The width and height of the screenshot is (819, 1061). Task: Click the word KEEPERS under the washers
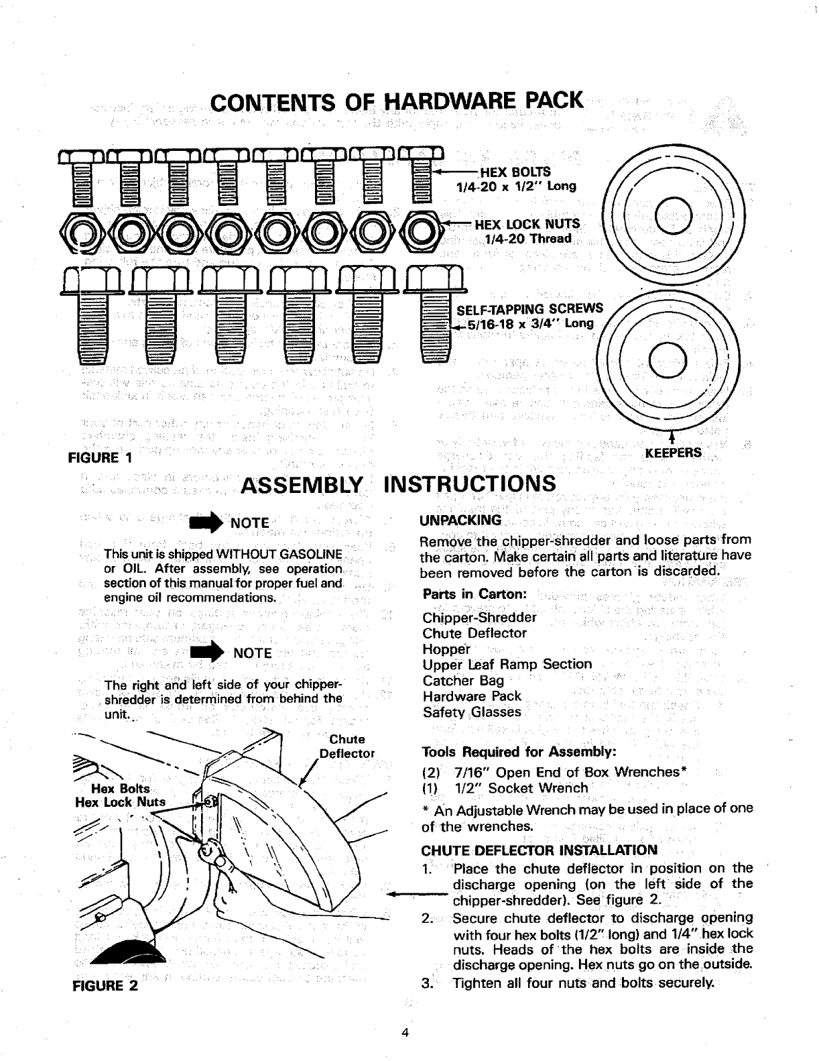[x=672, y=453]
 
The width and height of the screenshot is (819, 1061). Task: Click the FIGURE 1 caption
[x=100, y=458]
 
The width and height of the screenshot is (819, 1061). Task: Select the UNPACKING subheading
[x=460, y=520]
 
